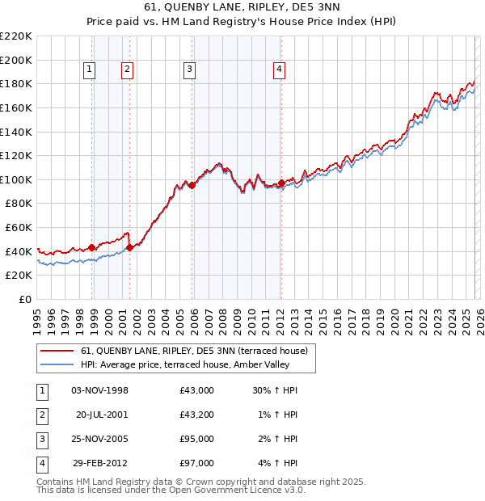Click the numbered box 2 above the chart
128,70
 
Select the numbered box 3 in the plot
189,70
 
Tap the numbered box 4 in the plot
278,70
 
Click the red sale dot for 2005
192,185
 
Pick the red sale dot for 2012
281,183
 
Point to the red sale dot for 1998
92,247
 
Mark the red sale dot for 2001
130,247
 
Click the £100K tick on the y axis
16,179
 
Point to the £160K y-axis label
16,107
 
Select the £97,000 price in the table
197,463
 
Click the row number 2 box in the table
41,415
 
